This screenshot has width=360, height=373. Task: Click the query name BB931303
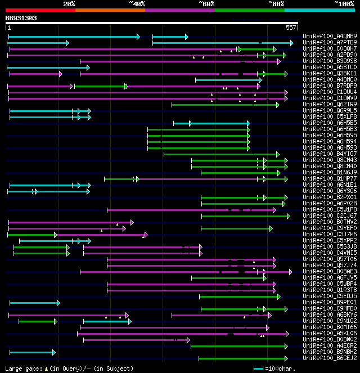point(21,18)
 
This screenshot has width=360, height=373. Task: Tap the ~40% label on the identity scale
point(137,4)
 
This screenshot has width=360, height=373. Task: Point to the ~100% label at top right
point(344,4)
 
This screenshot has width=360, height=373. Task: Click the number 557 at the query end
point(291,27)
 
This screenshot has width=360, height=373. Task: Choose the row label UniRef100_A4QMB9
point(330,37)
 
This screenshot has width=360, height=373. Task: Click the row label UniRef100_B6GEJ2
point(330,358)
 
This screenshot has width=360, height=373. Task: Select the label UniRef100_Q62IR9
point(330,105)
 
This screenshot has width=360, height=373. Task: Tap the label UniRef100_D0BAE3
point(330,272)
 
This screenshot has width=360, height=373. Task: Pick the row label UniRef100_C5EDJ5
point(330,296)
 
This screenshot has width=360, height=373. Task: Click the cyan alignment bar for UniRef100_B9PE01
point(34,303)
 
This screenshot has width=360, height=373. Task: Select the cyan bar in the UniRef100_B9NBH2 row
point(31,352)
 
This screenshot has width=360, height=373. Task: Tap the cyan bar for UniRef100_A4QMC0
point(228,80)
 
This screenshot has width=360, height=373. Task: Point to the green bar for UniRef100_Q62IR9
point(225,105)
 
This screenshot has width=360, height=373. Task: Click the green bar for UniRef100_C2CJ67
point(245,216)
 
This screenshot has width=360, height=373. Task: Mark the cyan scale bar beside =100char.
point(259,368)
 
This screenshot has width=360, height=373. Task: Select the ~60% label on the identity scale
point(206,4)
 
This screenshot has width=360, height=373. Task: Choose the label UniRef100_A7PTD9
point(330,43)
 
